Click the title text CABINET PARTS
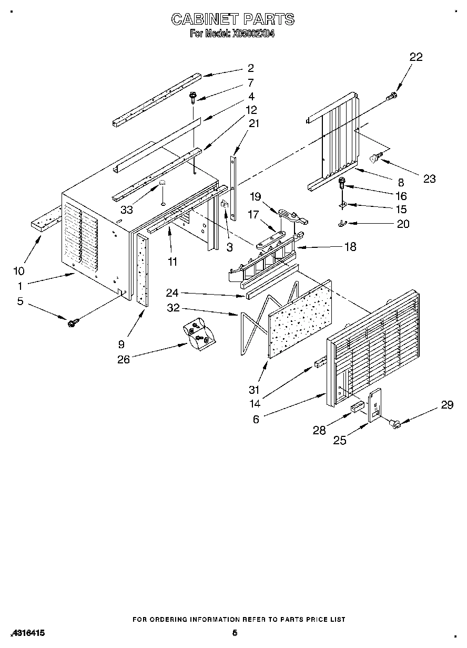[232, 19]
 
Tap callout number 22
[415, 57]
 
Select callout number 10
[19, 271]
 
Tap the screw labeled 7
[193, 97]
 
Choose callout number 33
[126, 209]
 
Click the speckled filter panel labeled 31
[300, 319]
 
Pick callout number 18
[349, 247]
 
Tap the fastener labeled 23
[375, 156]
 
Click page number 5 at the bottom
[235, 633]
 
